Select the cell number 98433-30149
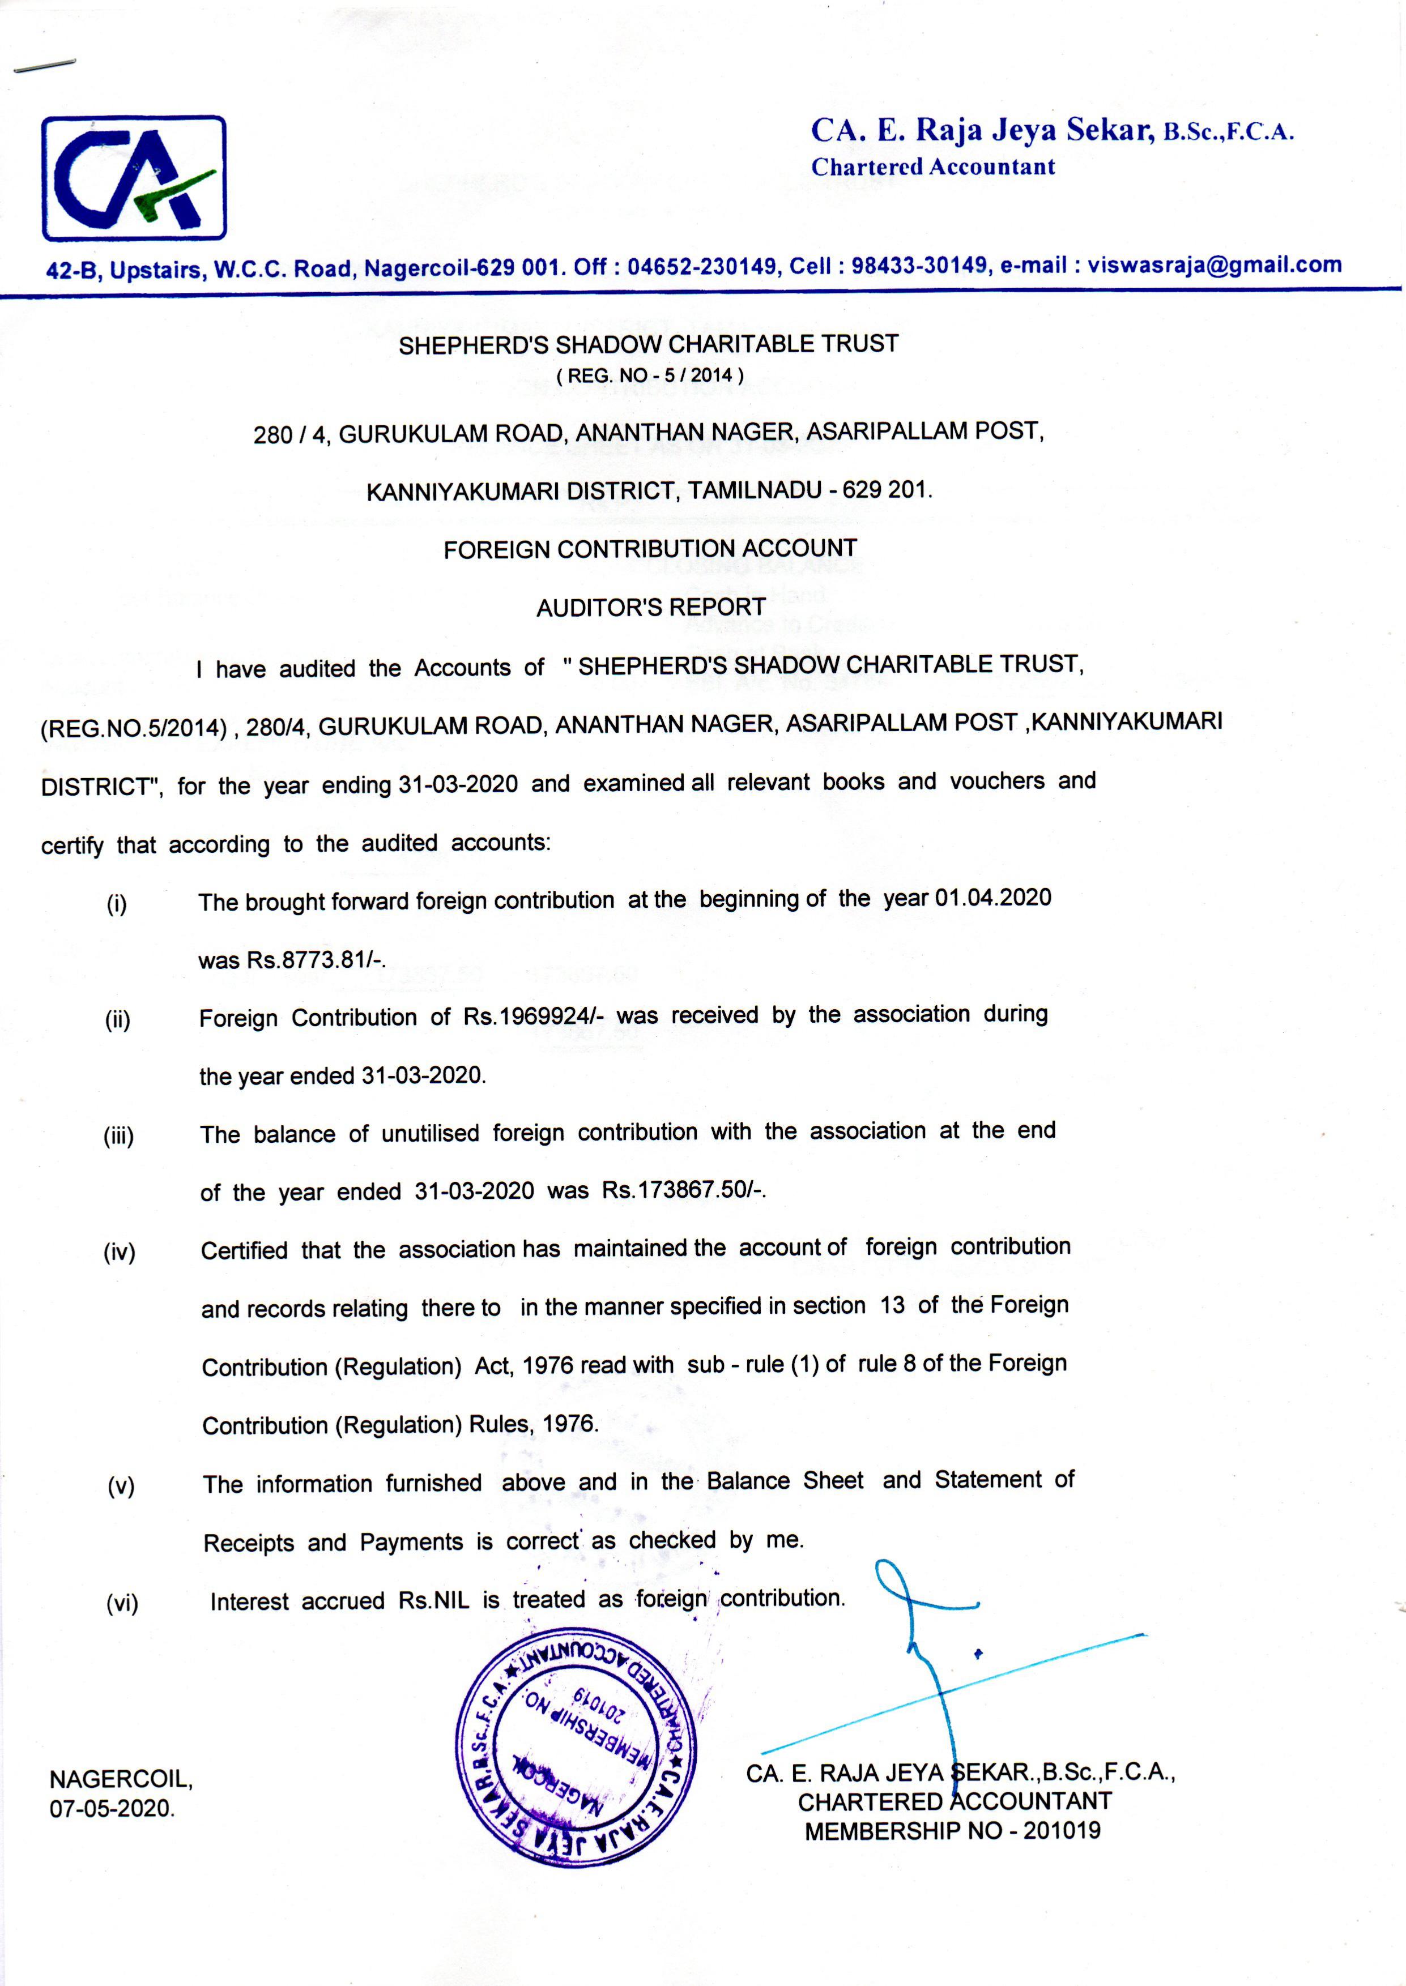tap(921, 266)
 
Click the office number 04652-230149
tap(701, 267)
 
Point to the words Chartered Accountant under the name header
tap(932, 167)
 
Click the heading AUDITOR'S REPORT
tap(650, 608)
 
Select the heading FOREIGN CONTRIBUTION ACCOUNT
tap(650, 549)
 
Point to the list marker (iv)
tap(120, 1252)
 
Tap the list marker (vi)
tap(121, 1604)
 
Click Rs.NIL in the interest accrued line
tap(434, 1601)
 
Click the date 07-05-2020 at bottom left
tap(112, 1809)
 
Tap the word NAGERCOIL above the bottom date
tap(120, 1779)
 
